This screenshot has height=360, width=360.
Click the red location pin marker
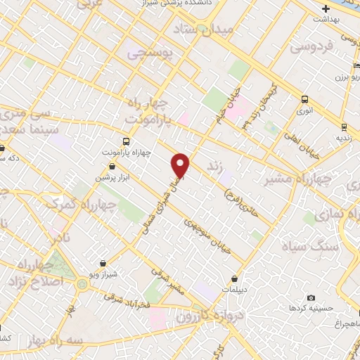pos(181,165)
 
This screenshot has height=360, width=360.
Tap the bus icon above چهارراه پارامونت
pos(125,141)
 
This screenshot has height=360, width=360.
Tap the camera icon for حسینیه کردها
pos(311,298)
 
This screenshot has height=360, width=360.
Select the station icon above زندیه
pos(343,127)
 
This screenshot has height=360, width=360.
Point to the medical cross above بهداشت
pos(325,9)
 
